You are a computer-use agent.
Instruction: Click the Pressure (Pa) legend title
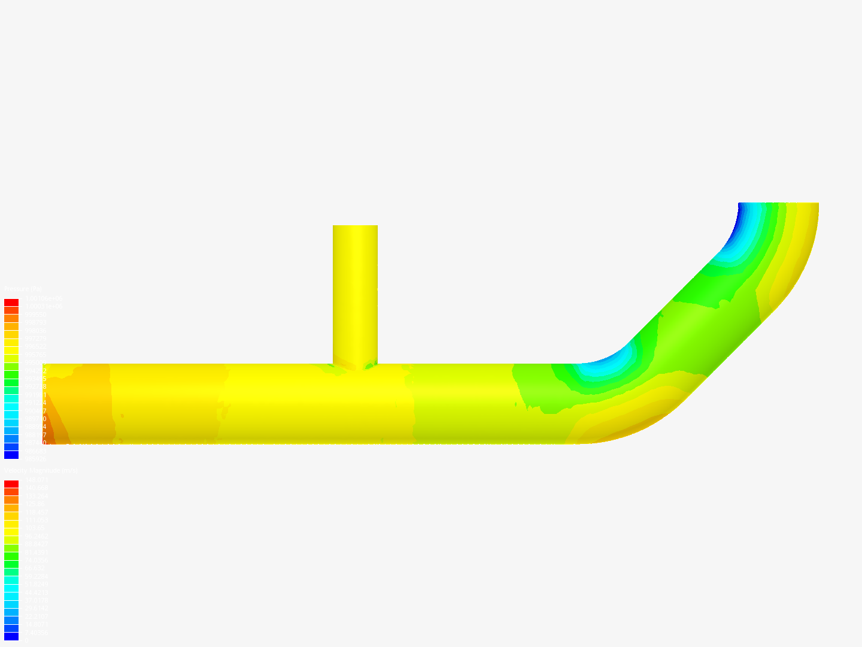[x=23, y=289]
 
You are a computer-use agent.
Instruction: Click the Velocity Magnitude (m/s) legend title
[x=41, y=471]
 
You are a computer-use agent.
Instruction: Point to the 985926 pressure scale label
[x=35, y=459]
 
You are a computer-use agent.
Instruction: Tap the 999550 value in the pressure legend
[x=35, y=315]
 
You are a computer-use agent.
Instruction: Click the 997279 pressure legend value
[x=35, y=338]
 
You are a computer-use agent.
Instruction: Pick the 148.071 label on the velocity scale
[x=36, y=480]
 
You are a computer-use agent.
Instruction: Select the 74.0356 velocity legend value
[x=36, y=560]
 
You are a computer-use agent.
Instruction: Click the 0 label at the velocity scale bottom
[x=25, y=640]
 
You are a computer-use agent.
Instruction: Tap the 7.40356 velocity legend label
[x=36, y=633]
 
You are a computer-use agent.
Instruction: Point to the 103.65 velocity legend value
[x=35, y=528]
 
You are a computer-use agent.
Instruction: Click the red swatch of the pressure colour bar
[x=11, y=303]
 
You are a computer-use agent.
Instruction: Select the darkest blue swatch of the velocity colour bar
[x=11, y=636]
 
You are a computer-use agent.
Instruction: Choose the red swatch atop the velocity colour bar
[x=11, y=484]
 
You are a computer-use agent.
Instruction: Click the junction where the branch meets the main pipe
[x=355, y=365]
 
